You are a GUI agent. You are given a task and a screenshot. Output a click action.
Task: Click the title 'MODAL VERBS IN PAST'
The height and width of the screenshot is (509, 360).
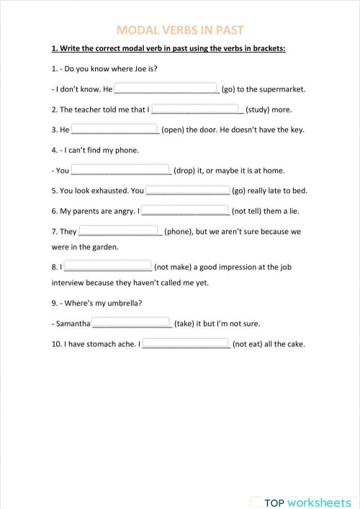(x=180, y=30)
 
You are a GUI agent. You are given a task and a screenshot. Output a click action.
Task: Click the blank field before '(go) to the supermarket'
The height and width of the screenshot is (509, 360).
(x=166, y=89)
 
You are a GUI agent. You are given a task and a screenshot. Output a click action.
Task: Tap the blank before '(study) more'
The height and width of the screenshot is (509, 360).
(x=197, y=109)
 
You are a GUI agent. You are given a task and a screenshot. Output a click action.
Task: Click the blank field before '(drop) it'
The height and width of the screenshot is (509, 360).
(x=121, y=171)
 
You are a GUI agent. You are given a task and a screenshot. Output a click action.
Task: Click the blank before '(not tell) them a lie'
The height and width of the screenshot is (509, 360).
(x=184, y=211)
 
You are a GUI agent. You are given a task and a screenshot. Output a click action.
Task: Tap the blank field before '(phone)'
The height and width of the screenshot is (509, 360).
(x=120, y=231)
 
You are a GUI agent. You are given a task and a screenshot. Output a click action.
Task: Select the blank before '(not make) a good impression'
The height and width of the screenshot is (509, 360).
(x=107, y=266)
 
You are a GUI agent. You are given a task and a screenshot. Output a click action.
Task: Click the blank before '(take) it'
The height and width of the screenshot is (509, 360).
(x=131, y=323)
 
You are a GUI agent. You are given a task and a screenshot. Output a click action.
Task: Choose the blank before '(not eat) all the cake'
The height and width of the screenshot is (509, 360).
(x=186, y=343)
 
